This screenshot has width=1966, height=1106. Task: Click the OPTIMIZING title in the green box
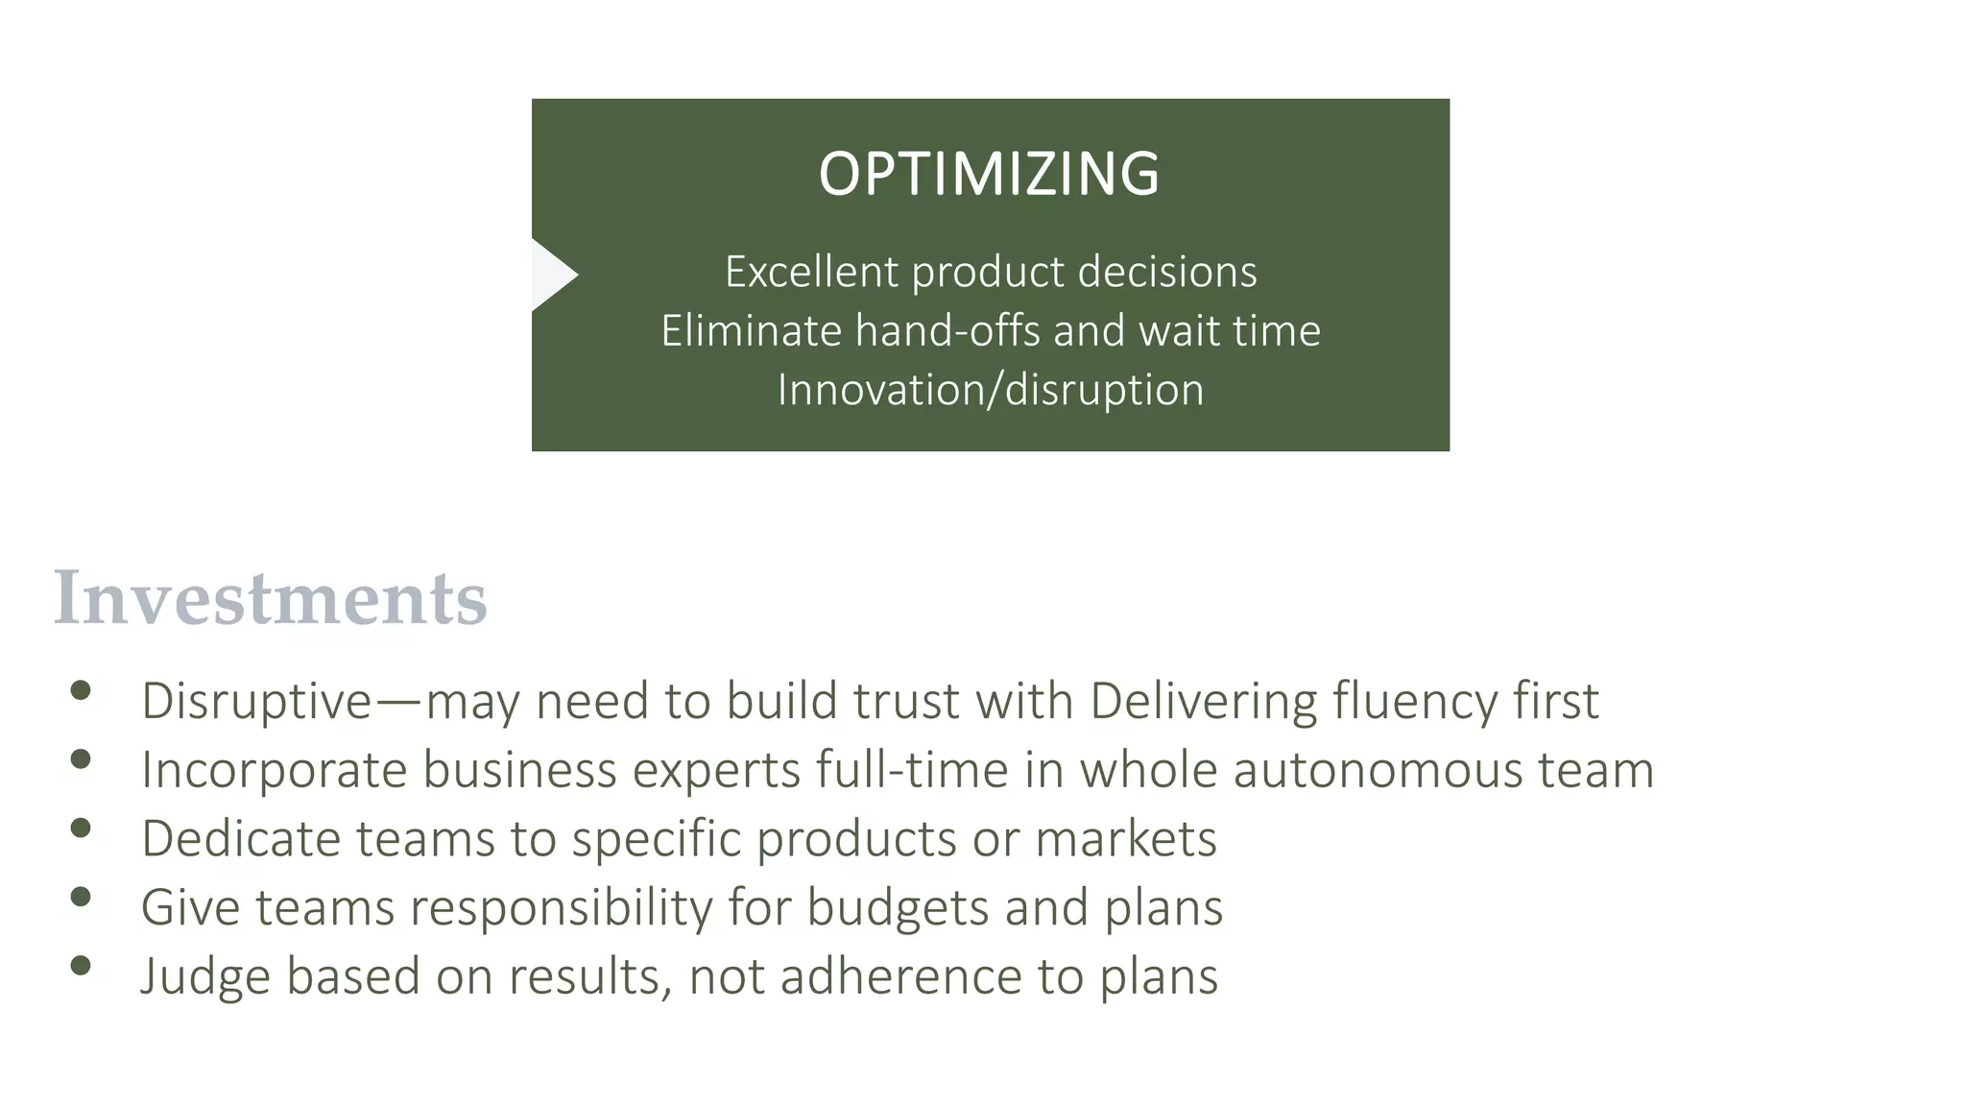pyautogui.click(x=989, y=175)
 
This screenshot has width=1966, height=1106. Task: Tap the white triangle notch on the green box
pyautogui.click(x=551, y=276)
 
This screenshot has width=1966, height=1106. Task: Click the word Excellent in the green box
pyautogui.click(x=811, y=272)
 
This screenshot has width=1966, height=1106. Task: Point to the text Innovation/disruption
pyautogui.click(x=990, y=390)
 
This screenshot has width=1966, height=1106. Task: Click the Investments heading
pyautogui.click(x=270, y=598)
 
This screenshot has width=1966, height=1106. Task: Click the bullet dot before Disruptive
pyautogui.click(x=81, y=690)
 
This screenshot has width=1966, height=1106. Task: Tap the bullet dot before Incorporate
pyautogui.click(x=81, y=759)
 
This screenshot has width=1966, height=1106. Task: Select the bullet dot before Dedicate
pyautogui.click(x=81, y=828)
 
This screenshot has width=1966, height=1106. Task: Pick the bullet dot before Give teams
pyautogui.click(x=81, y=897)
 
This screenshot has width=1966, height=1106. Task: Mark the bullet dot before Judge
pyautogui.click(x=81, y=966)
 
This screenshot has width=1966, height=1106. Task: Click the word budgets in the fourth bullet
pyautogui.click(x=898, y=907)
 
